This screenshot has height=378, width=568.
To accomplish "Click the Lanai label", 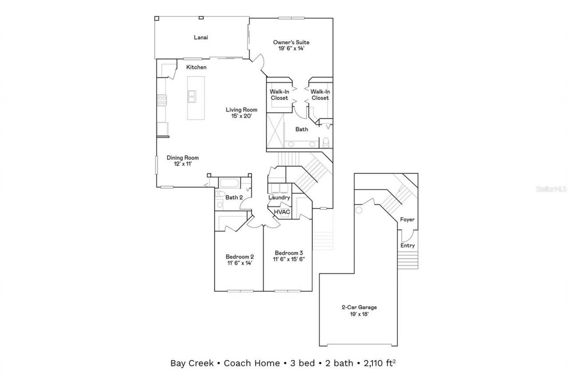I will [x=201, y=38].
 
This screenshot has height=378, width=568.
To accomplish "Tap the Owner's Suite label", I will [x=291, y=43].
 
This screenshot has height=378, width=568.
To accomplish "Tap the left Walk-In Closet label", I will [x=279, y=95].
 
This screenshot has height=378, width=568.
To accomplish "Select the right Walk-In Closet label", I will [x=319, y=95].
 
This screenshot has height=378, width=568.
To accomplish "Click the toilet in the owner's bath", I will [x=326, y=142].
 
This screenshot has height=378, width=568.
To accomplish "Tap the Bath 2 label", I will [x=233, y=197].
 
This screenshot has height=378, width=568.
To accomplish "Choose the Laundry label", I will [x=279, y=198].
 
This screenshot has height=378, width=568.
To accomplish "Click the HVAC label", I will [x=282, y=212].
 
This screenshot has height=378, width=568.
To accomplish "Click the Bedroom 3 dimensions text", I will [x=289, y=259].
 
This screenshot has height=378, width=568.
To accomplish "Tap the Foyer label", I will [x=407, y=220].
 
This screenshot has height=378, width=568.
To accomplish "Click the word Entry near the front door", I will [x=407, y=246].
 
